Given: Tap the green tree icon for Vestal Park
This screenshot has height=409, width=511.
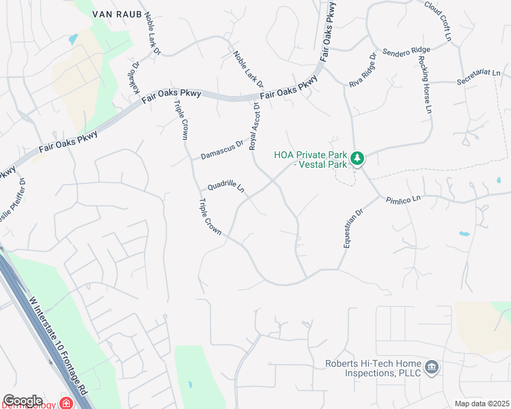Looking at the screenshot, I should (357, 159).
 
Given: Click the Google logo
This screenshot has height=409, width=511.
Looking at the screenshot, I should (23, 401).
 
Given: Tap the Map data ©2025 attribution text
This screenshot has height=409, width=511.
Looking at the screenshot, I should (482, 404).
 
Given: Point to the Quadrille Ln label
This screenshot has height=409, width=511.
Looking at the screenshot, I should (226, 187).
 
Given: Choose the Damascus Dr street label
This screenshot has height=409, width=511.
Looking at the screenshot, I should (222, 151).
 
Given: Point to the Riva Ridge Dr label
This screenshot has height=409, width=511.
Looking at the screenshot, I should (363, 70).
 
